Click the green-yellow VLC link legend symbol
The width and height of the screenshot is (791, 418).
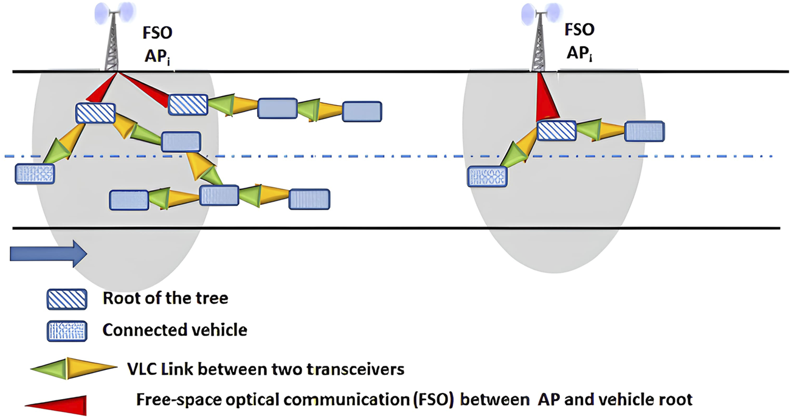point(71,369)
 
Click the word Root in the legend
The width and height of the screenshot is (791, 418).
point(117,299)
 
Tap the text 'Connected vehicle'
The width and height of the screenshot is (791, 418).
point(174,331)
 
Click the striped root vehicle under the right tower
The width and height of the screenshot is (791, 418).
point(556,131)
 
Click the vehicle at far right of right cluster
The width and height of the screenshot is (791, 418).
point(644,131)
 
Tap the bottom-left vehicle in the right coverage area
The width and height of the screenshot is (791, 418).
point(486,177)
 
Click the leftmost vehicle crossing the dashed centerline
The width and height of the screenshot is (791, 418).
point(35,173)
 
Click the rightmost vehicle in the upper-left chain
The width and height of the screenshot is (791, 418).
point(362,111)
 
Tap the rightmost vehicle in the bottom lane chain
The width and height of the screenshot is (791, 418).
point(309,199)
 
